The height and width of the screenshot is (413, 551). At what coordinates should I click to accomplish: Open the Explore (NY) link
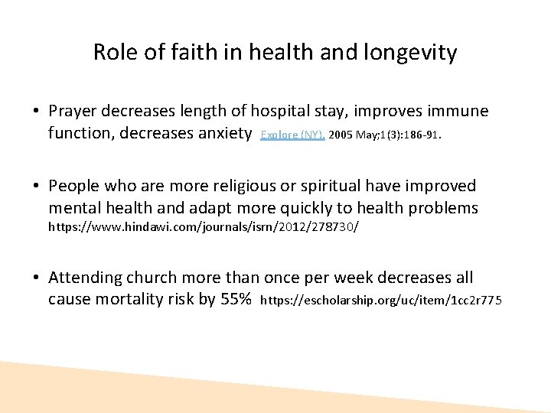coord(292,135)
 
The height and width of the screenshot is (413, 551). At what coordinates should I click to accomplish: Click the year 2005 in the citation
coord(342,135)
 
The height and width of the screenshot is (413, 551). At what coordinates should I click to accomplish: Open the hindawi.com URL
coord(204,227)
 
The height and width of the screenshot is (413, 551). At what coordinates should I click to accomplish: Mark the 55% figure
coord(235,299)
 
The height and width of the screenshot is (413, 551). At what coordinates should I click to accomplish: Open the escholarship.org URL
coord(381,301)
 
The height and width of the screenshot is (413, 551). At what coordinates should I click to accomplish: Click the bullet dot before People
coord(36,187)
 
